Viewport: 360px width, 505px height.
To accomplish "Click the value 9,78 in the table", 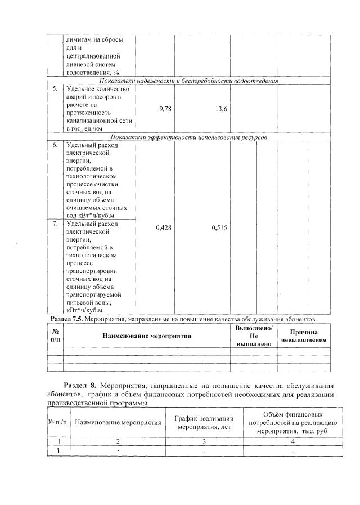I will click(x=165, y=109).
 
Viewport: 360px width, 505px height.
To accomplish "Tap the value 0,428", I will click(x=164, y=227).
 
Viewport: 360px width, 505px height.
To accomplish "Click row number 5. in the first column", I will click(x=55, y=89).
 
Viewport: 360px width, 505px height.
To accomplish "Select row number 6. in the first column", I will click(x=55, y=145).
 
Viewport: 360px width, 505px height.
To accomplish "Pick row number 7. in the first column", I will click(x=55, y=224).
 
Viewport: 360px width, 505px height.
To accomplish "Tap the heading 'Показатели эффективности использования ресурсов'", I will click(x=188, y=137).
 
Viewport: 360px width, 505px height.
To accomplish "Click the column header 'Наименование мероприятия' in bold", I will click(x=147, y=336).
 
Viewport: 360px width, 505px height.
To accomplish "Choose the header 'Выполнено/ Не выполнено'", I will click(x=254, y=336).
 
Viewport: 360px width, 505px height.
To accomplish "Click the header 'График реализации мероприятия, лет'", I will click(x=204, y=422).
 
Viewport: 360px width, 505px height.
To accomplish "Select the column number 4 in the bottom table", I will click(x=292, y=441).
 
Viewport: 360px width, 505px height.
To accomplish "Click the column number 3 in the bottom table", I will click(x=204, y=441).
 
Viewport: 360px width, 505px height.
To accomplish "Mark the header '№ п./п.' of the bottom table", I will click(x=59, y=422).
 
